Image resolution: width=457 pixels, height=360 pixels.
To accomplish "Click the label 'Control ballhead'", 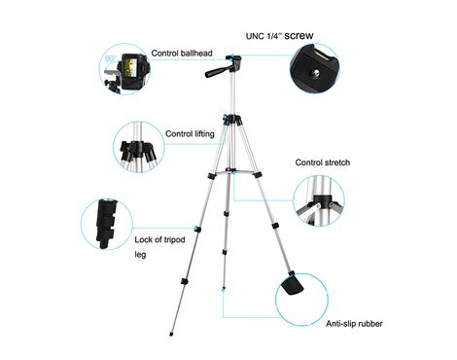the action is pos(182,54).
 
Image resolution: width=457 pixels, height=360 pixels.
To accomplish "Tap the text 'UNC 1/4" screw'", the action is pos(280,35).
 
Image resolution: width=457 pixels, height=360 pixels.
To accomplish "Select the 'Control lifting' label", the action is pos(190,133).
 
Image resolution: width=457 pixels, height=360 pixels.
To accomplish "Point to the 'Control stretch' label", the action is pos(323,162).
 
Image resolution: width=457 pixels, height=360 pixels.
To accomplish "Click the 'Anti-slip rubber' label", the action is pos(354,324).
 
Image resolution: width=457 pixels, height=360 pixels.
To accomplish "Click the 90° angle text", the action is pos(111,59).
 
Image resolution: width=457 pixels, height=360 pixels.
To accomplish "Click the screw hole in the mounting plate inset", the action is pos(315,72).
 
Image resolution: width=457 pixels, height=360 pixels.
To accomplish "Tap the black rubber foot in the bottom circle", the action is pos(293,285).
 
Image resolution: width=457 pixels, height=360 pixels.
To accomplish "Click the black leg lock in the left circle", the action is pos(106,224).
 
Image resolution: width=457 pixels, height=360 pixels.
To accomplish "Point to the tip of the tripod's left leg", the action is pos(171,334).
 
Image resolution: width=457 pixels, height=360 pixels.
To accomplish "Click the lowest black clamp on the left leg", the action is pos(184,281).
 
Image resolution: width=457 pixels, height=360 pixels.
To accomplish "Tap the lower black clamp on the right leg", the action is pos(275,226).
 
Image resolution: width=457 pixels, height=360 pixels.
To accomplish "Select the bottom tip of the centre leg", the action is pos(224,288).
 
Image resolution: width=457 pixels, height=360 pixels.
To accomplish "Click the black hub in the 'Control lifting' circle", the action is pos(137,150).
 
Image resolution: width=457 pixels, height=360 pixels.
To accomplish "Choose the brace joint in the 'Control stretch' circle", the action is pos(323,201).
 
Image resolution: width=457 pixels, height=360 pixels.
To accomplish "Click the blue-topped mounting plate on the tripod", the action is pos(233,58).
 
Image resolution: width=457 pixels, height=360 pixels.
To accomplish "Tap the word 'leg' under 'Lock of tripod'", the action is pos(140,255).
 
